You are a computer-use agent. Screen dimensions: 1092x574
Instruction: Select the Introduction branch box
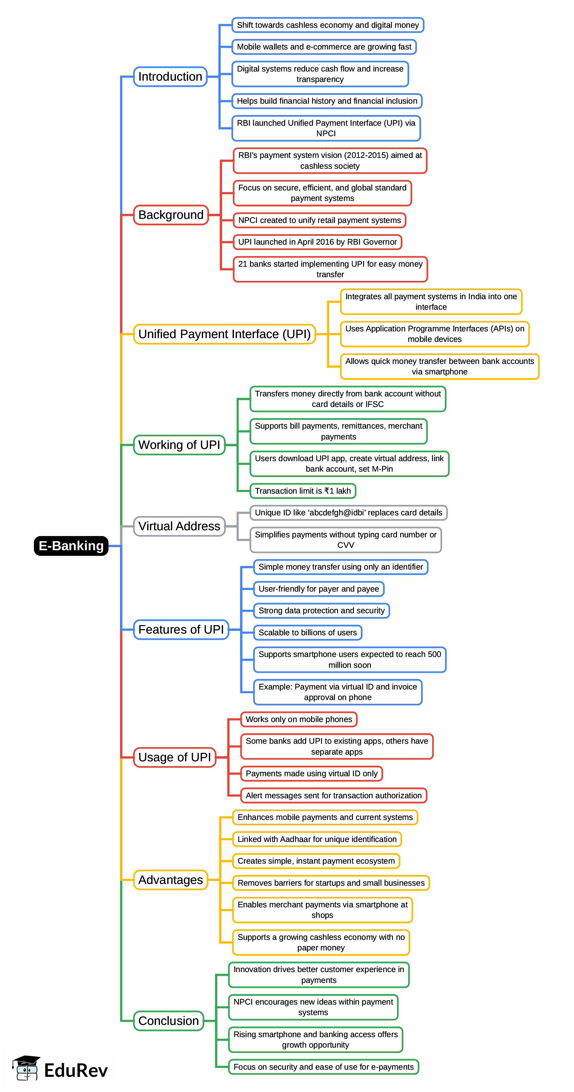(x=170, y=77)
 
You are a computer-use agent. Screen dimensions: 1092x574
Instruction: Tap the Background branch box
(x=171, y=215)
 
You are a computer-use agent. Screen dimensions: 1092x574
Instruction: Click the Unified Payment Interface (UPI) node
(x=224, y=334)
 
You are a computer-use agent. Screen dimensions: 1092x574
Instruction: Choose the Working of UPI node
(x=179, y=445)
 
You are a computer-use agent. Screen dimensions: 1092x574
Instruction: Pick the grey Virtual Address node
(x=179, y=526)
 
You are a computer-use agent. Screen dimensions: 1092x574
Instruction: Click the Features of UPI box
(x=181, y=630)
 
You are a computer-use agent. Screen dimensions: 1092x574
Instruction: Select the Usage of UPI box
(x=174, y=757)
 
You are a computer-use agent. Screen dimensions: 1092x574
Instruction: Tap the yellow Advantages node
(x=171, y=880)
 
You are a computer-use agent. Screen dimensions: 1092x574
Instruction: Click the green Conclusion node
(x=169, y=1021)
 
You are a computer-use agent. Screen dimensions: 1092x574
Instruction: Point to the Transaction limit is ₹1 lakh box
(x=302, y=491)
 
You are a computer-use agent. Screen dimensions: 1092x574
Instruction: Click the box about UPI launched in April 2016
(x=317, y=242)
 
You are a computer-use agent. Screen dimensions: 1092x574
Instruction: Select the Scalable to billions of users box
(x=308, y=633)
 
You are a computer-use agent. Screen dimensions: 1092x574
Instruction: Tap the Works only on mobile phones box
(x=299, y=719)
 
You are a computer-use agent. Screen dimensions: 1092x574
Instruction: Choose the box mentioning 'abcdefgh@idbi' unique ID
(x=348, y=513)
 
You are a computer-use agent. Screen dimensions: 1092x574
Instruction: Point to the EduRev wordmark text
(x=76, y=1071)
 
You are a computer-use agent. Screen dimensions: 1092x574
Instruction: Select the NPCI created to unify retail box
(x=319, y=220)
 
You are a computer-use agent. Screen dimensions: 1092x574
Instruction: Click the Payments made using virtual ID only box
(x=311, y=773)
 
